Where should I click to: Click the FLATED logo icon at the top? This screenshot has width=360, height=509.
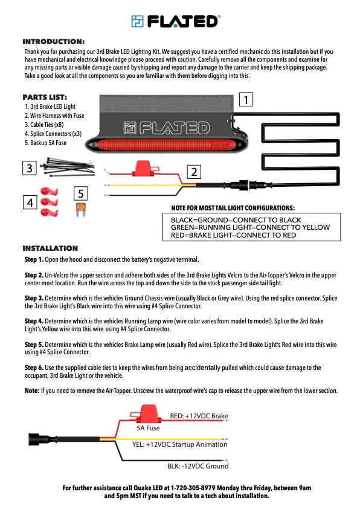pyautogui.click(x=137, y=21)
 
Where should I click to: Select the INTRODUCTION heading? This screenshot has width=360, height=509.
pyautogui.click(x=54, y=42)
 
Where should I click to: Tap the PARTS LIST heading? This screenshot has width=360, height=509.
pyautogui.click(x=45, y=97)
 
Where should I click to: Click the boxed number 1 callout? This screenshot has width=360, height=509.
pyautogui.click(x=246, y=100)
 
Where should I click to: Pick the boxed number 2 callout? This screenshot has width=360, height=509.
pyautogui.click(x=194, y=172)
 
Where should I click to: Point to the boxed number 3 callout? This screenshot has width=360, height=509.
pyautogui.click(x=29, y=168)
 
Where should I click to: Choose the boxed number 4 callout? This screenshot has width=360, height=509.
pyautogui.click(x=30, y=203)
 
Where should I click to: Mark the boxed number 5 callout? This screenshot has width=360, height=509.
pyautogui.click(x=81, y=193)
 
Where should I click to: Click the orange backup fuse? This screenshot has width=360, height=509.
pyautogui.click(x=81, y=209)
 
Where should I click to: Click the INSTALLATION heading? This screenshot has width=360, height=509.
pyautogui.click(x=50, y=248)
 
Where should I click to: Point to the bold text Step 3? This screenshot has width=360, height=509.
pyautogui.click(x=34, y=298)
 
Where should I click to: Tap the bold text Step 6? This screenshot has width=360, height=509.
pyautogui.click(x=34, y=368)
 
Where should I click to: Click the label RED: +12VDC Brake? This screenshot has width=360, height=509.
pyautogui.click(x=199, y=416)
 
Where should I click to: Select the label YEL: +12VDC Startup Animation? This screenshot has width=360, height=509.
pyautogui.click(x=179, y=444)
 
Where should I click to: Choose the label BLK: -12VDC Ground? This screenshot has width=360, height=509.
pyautogui.click(x=198, y=466)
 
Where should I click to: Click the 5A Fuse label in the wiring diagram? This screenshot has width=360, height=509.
pyautogui.click(x=148, y=428)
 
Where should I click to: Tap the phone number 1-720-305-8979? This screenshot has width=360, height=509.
pyautogui.click(x=193, y=488)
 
